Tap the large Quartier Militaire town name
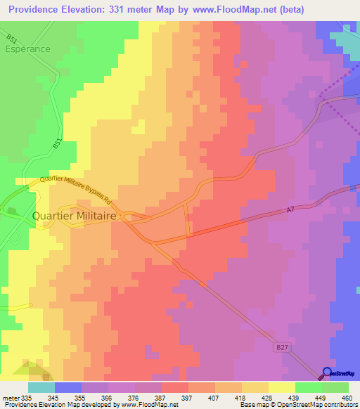75,216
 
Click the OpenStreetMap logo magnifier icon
326,374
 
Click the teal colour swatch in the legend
41,387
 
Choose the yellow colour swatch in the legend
282,387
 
